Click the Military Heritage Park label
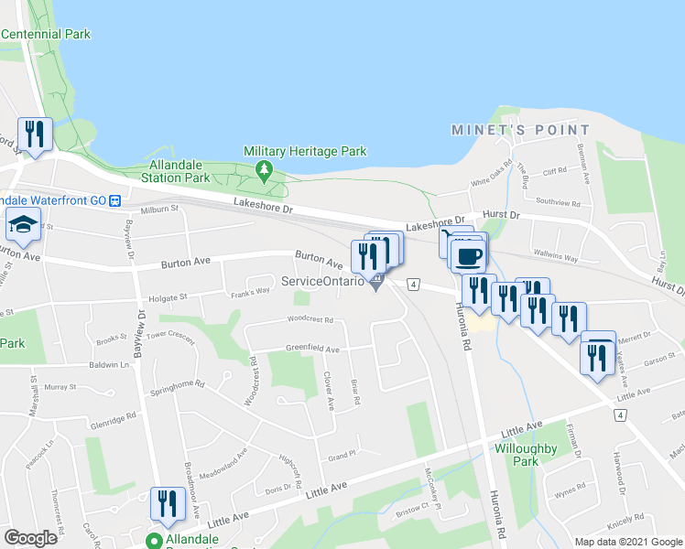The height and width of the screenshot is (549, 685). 305,151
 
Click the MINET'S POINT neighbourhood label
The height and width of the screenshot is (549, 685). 507,131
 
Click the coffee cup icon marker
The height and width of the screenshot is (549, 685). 468,255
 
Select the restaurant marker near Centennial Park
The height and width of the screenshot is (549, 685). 35,135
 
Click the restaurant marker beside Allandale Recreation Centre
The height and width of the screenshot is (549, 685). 167,504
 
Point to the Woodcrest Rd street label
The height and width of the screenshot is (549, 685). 309,320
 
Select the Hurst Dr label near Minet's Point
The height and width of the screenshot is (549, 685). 501,215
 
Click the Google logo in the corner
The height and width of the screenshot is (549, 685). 31,538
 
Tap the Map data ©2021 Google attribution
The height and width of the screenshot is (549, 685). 627,542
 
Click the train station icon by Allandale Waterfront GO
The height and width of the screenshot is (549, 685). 115,199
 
